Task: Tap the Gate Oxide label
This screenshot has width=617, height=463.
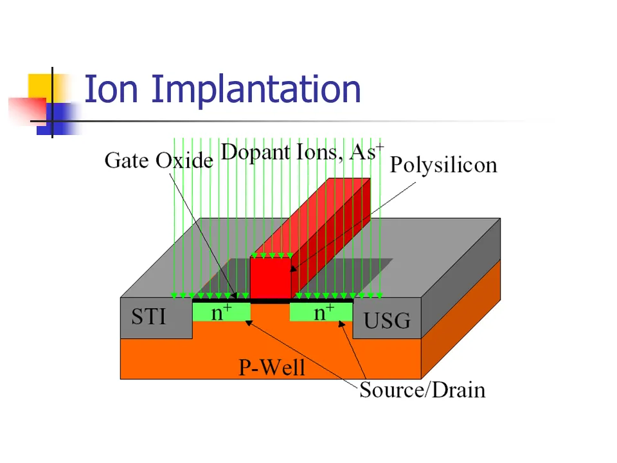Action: coord(158,159)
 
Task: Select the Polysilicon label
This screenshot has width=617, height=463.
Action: coord(443,165)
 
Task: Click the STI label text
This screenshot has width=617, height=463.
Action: coord(149,316)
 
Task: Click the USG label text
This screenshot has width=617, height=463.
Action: coord(386,320)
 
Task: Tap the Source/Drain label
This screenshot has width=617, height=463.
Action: coord(422,390)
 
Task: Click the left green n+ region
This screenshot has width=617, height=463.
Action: coord(221,312)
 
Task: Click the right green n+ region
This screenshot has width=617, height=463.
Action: coord(322,312)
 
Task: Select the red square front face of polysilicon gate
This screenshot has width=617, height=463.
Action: coord(271,277)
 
